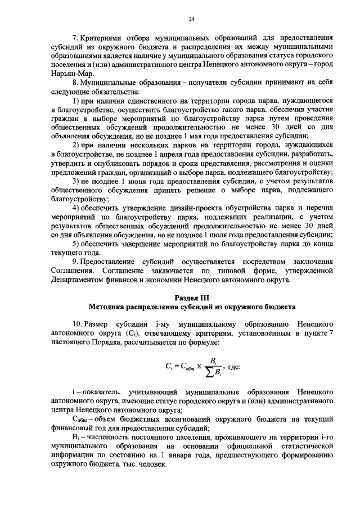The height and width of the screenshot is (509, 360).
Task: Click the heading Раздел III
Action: (191, 297)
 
